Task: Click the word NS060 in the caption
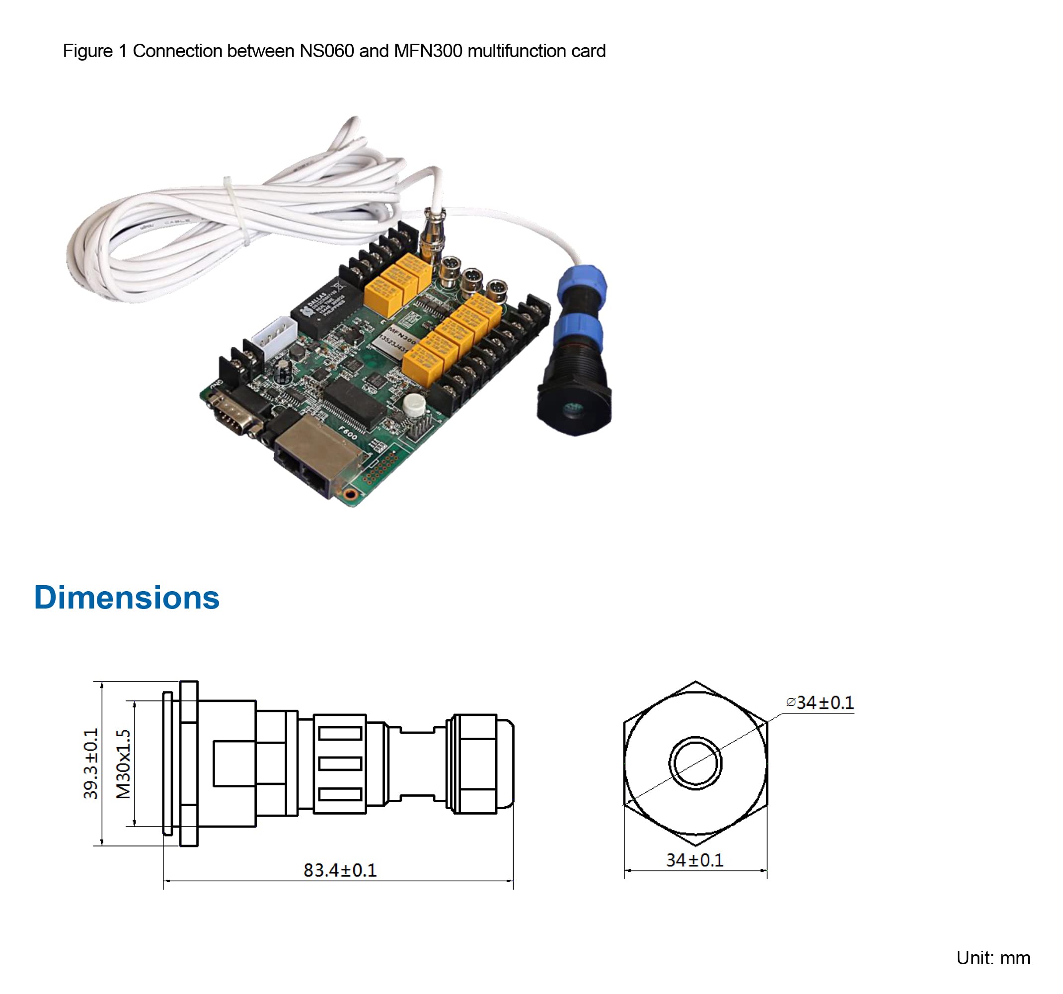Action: tap(326, 51)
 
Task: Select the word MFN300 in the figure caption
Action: tap(428, 51)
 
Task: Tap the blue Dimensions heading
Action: tap(127, 597)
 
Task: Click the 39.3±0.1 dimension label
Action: tap(91, 764)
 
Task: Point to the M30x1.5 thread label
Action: tap(123, 764)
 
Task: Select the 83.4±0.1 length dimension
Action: tap(340, 870)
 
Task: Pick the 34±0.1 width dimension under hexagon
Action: tap(694, 860)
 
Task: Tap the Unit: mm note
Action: tap(993, 958)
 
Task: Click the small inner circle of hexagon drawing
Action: tap(695, 763)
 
